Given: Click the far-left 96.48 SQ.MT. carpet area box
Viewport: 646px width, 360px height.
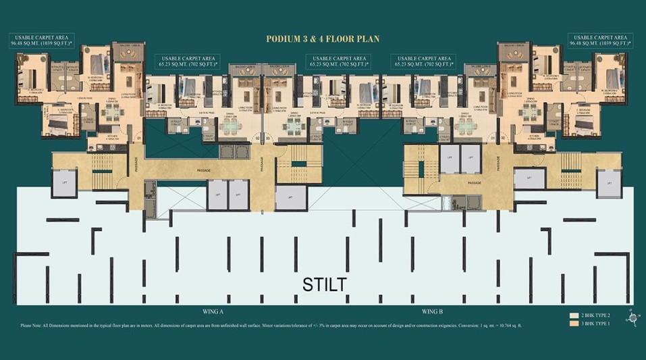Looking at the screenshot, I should click(41, 40).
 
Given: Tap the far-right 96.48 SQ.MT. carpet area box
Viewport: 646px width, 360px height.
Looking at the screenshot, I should click(600, 40).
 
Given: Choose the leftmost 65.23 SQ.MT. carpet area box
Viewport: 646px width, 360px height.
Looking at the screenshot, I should click(186, 61).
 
